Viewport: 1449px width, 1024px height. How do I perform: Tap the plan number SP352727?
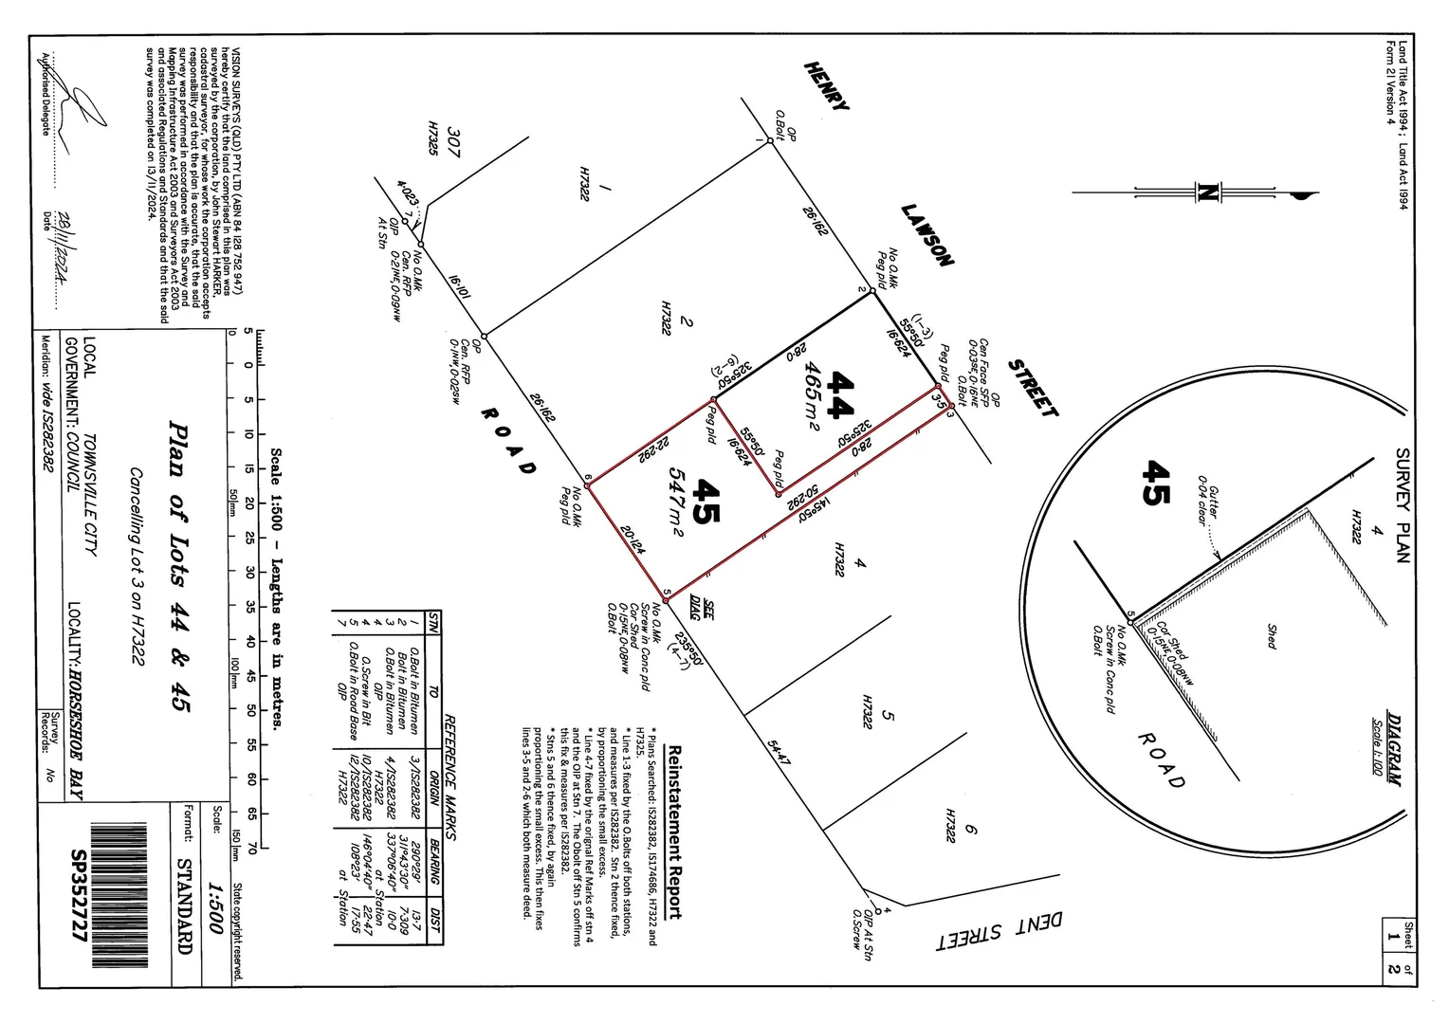click(x=80, y=895)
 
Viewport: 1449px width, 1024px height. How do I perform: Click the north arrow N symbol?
click(x=1207, y=192)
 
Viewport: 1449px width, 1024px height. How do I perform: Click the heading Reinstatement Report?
click(x=674, y=832)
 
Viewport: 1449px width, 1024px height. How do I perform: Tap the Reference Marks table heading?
click(x=450, y=777)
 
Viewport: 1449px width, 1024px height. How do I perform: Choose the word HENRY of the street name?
click(x=826, y=86)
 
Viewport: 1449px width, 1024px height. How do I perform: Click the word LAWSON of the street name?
click(x=927, y=235)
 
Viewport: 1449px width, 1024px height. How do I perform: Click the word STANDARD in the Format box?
click(x=185, y=905)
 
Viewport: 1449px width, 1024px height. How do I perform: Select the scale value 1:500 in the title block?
click(x=215, y=909)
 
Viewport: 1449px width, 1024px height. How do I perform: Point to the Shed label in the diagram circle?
click(x=1271, y=636)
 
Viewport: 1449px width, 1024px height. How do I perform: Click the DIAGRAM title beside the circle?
click(x=1394, y=748)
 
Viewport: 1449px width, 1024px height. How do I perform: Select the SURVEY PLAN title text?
click(x=1403, y=504)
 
